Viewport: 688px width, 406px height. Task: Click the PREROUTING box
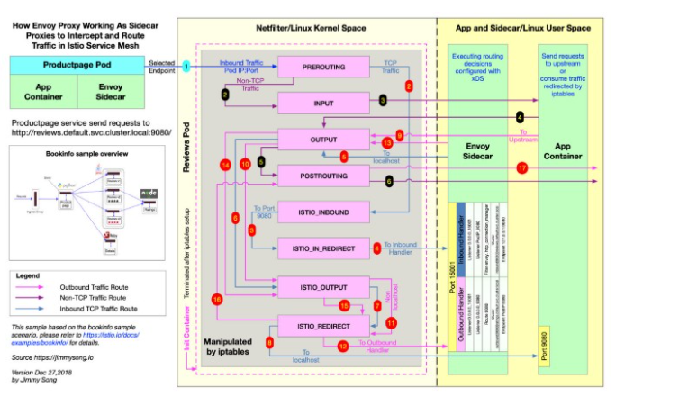(x=323, y=66)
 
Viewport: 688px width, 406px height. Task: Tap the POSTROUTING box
(x=323, y=176)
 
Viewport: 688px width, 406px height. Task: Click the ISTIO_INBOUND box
(x=323, y=212)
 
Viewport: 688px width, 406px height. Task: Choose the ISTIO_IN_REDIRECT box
(x=323, y=248)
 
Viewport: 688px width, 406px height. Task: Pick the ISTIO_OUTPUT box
(x=323, y=286)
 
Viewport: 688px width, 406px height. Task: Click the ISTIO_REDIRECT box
(x=323, y=324)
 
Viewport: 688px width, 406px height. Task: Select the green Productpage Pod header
(x=77, y=66)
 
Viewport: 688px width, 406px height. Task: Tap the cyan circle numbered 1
(x=186, y=66)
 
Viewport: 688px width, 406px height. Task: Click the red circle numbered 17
(x=522, y=168)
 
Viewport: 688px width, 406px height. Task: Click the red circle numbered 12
(x=342, y=346)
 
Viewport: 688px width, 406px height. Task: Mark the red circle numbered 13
(x=387, y=142)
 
